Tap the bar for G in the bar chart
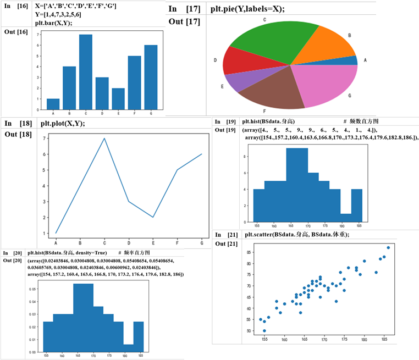tap(151, 77)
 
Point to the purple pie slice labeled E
tap(234, 81)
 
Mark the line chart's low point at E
tap(153, 217)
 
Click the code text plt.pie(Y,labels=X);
tap(240, 9)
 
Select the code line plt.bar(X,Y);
tap(58, 23)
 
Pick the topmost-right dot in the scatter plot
tap(388, 247)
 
